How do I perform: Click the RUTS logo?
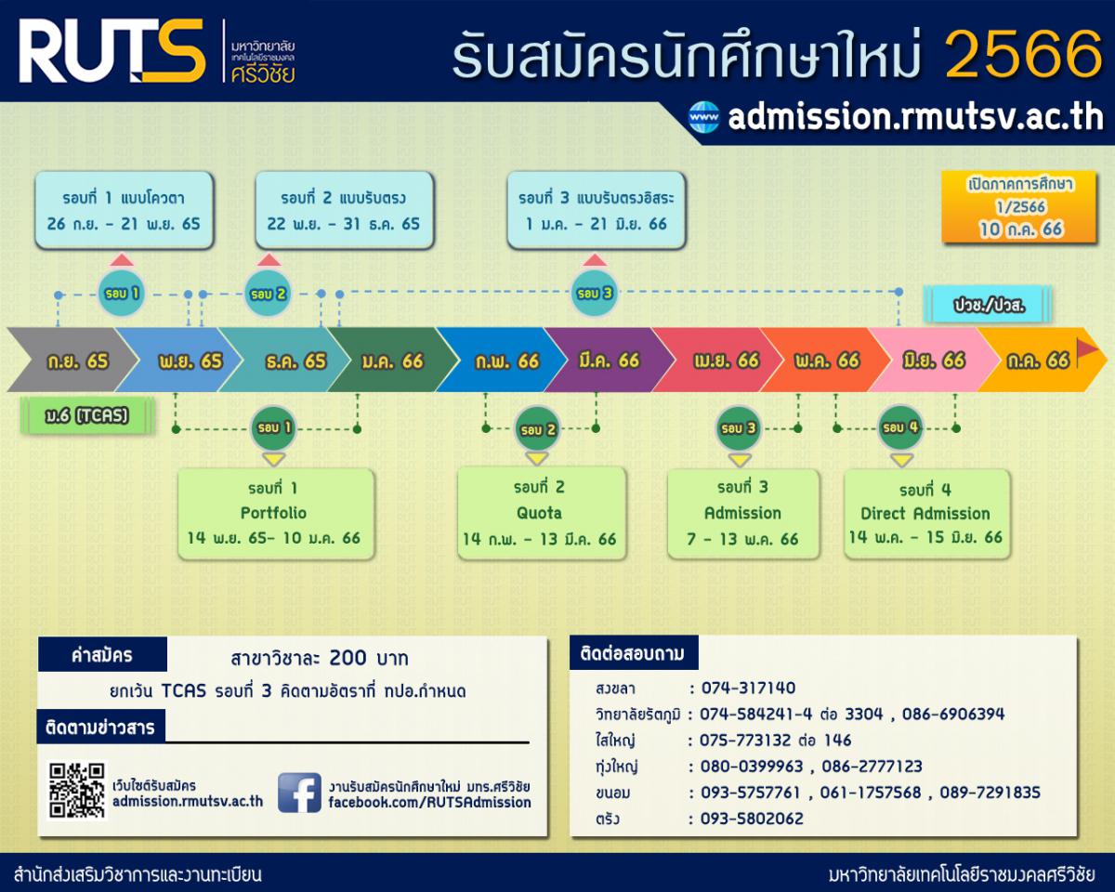click(x=111, y=51)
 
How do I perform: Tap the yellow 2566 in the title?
click(x=1024, y=54)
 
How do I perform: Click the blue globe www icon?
click(x=704, y=117)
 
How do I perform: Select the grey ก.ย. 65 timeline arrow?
click(x=72, y=360)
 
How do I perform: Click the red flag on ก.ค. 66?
click(x=1087, y=349)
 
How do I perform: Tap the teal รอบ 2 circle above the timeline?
click(x=268, y=294)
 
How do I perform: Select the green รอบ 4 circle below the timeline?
click(x=900, y=427)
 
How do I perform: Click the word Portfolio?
click(x=273, y=513)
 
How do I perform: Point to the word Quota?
click(x=539, y=513)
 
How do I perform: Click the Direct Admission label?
click(x=925, y=513)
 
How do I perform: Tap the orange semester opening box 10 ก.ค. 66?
click(x=1019, y=207)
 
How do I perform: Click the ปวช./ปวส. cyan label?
click(x=989, y=306)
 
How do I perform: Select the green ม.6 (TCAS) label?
click(x=86, y=415)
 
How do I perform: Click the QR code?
click(x=77, y=791)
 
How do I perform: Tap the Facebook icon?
click(x=299, y=793)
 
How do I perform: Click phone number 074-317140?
click(x=748, y=688)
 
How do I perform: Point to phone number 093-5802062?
click(x=752, y=819)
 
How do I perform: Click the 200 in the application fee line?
click(x=348, y=658)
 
